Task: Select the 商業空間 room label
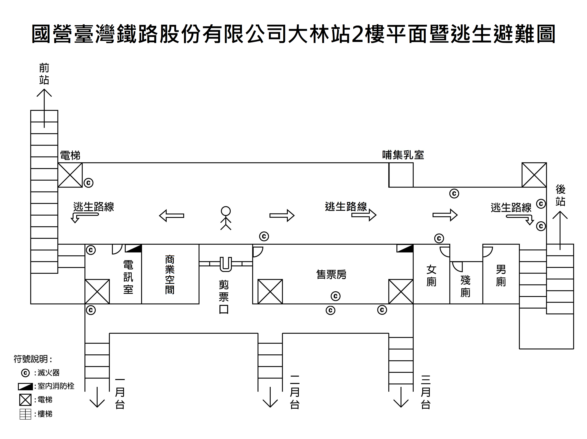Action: pyautogui.click(x=170, y=275)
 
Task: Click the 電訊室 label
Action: pyautogui.click(x=128, y=277)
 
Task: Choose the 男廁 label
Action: pyautogui.click(x=501, y=276)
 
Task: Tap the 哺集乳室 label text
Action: pyautogui.click(x=403, y=155)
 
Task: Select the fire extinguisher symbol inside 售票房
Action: pyautogui.click(x=335, y=296)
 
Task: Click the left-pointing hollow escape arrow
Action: pyautogui.click(x=171, y=216)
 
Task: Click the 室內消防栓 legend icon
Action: pyautogui.click(x=25, y=387)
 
